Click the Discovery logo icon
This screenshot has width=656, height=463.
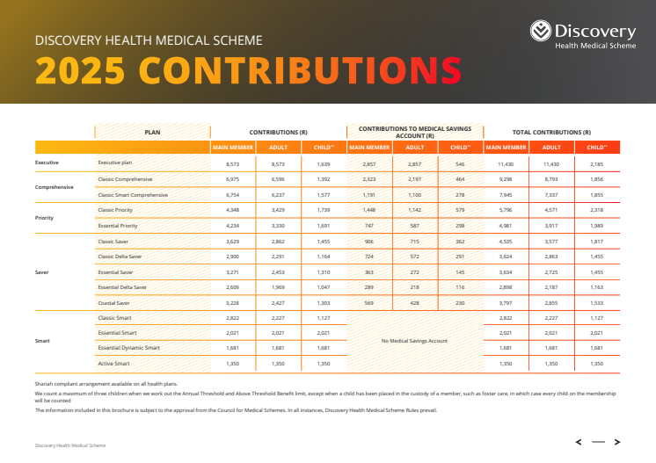coord(541,33)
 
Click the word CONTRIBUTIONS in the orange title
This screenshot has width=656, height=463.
coord(300,69)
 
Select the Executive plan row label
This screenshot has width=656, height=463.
coord(115,163)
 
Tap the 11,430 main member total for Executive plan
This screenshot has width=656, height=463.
coord(506,163)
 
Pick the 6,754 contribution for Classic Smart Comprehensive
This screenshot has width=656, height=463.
coord(233,194)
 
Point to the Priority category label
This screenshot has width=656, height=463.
coord(45,217)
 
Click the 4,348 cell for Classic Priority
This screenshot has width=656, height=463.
coord(233,210)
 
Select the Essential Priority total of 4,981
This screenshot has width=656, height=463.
coord(506,225)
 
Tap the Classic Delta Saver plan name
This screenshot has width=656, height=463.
coord(121,256)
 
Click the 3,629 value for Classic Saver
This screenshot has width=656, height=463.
coord(233,241)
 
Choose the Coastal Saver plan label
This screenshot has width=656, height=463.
coord(114,302)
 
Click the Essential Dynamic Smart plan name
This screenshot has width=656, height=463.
coord(130,348)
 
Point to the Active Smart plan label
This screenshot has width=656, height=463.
coord(114,364)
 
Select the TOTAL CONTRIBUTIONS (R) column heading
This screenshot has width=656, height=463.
coord(551,132)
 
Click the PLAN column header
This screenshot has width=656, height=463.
coord(152,132)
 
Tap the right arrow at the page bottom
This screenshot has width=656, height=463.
coord(617,442)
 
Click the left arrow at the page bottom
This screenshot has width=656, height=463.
coord(578,442)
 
